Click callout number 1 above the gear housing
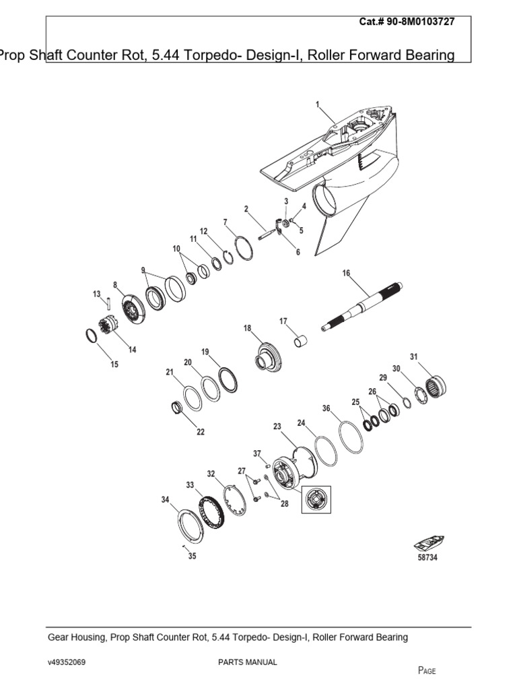tap(317, 104)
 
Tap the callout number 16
tap(347, 273)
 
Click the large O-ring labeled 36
tap(351, 437)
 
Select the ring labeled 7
tap(243, 247)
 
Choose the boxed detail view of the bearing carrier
tap(316, 499)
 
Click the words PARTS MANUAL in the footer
tap(247, 662)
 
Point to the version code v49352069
tap(67, 662)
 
